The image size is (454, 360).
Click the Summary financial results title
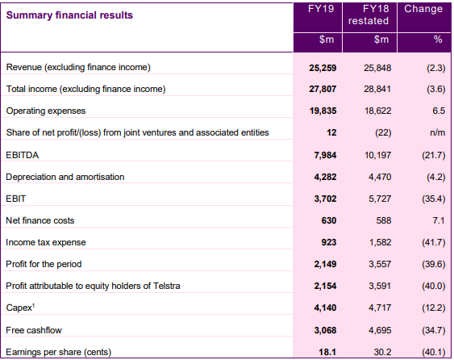tap(69, 15)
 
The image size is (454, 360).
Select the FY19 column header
tap(321, 9)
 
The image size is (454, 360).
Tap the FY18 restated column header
tap(369, 15)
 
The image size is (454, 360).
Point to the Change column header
tap(423, 9)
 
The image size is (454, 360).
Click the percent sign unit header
tap(438, 39)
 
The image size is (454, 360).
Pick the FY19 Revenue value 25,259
tap(323, 68)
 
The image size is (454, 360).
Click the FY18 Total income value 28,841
tap(377, 89)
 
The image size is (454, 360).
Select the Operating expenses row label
tap(46, 111)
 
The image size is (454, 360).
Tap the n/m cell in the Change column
tap(438, 132)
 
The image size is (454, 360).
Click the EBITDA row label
tap(23, 155)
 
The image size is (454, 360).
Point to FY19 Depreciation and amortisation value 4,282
tap(325, 177)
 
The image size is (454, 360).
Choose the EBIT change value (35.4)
tap(434, 199)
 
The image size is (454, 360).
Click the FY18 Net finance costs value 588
tap(384, 220)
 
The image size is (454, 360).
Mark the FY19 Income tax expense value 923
tap(329, 242)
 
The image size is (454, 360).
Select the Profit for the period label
tap(44, 264)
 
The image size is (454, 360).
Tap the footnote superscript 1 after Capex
tap(33, 305)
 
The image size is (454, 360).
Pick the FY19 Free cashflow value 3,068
tap(325, 330)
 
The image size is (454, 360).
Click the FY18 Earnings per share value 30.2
tap(382, 352)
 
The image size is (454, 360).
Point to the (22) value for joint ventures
tap(383, 132)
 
